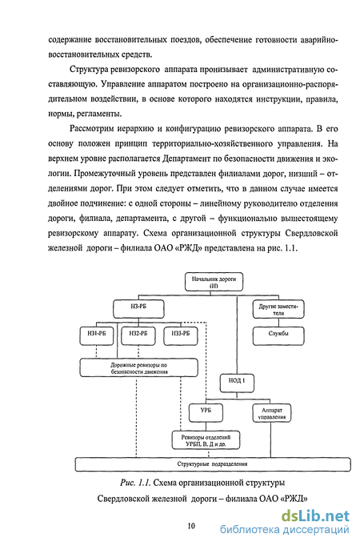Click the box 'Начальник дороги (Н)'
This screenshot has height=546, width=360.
click(x=214, y=282)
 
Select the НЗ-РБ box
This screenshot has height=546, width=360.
click(x=138, y=309)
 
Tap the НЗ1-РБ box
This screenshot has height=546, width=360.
click(x=97, y=336)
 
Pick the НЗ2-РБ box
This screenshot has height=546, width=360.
click(x=138, y=336)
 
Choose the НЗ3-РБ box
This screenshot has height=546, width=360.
click(x=181, y=336)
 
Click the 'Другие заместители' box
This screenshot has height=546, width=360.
click(x=278, y=309)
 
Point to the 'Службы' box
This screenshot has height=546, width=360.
click(x=278, y=336)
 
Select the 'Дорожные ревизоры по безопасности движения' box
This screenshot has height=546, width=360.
click(x=138, y=368)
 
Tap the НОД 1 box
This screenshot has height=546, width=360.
click(x=237, y=383)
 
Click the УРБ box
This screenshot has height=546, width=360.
click(x=206, y=412)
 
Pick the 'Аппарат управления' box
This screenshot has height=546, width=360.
click(x=272, y=413)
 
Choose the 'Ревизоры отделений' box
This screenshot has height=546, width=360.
click(x=206, y=440)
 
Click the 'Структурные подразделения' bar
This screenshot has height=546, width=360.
click(x=213, y=464)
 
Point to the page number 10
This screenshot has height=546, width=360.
click(x=191, y=526)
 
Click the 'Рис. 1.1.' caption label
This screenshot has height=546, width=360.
click(x=135, y=483)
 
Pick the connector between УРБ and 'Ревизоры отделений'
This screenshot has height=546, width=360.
click(x=206, y=427)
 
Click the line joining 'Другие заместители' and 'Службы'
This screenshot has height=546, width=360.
click(x=278, y=323)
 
